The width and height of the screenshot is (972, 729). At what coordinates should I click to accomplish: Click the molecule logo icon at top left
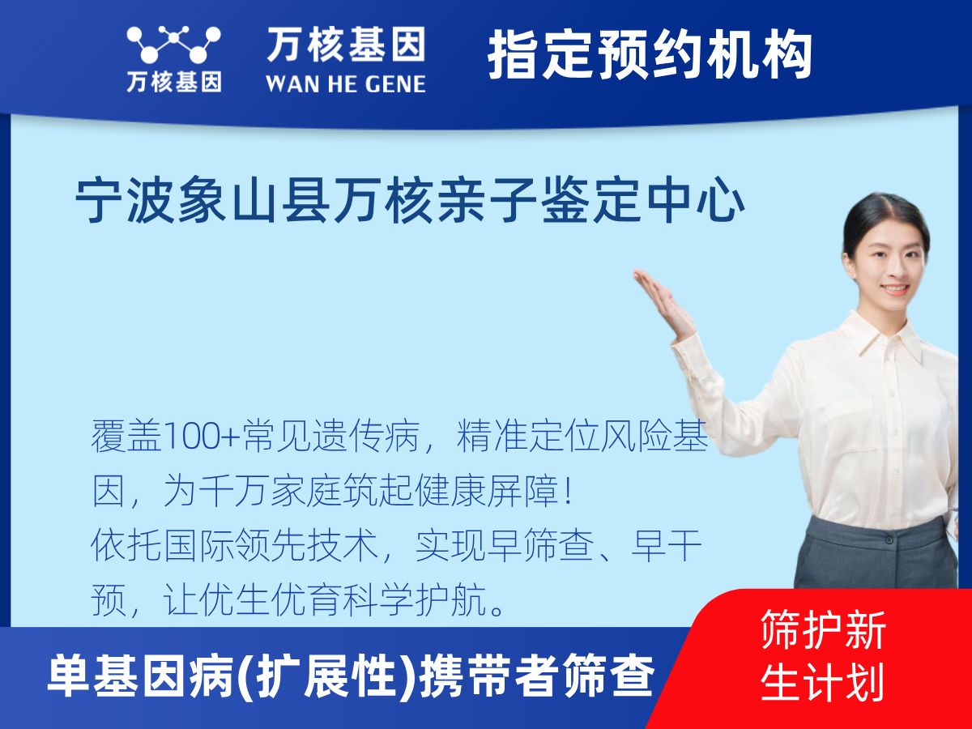(x=173, y=44)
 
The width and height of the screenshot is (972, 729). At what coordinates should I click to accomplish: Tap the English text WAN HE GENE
(x=346, y=83)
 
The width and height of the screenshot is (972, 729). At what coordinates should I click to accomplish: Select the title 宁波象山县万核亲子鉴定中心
(x=410, y=202)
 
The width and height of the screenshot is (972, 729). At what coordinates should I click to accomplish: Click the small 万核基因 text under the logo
(x=173, y=82)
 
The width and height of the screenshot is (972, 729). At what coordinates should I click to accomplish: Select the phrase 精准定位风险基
(x=583, y=440)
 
